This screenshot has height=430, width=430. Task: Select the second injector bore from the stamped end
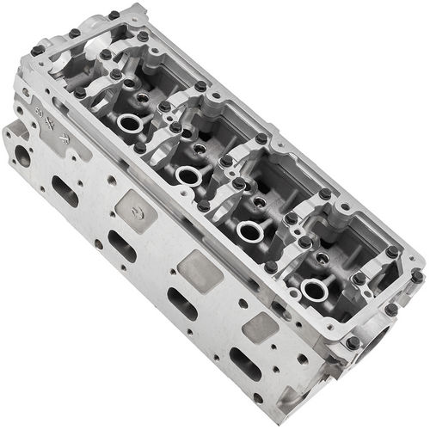pos(187,176)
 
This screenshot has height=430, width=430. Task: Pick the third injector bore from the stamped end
pos(250,230)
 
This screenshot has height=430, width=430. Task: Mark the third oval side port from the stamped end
pos(181,304)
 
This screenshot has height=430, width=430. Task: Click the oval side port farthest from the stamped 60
pos(245,364)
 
